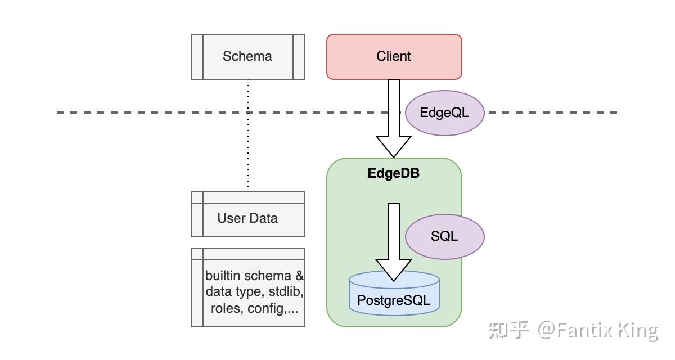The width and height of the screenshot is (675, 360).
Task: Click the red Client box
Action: coord(394,56)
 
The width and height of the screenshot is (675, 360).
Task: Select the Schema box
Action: coord(247,56)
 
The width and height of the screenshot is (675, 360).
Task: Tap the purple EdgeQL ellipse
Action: coord(444,112)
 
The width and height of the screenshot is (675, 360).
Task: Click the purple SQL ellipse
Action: coord(444,236)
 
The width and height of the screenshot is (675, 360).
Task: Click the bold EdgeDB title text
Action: coord(394,173)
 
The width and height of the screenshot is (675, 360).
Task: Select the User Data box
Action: coord(247,218)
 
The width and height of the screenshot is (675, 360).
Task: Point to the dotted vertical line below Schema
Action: coord(248,135)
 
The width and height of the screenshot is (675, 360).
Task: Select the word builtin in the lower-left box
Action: coord(224,276)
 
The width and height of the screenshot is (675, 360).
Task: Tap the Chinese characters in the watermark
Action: coord(508,330)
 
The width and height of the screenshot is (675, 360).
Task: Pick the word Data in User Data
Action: coord(263,218)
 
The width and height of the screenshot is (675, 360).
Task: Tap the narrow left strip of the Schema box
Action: coord(197,56)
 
